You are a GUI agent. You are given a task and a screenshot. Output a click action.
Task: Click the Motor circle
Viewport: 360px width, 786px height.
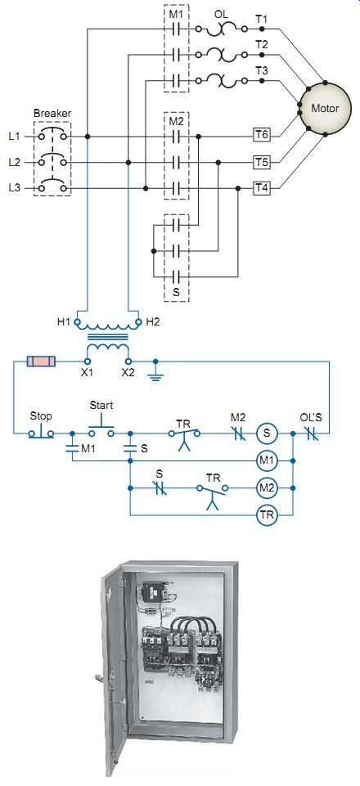(325, 108)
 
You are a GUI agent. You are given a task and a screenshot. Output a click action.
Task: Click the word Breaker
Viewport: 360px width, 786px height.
(52, 114)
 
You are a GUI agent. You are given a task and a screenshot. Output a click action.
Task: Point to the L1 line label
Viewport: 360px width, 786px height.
(15, 136)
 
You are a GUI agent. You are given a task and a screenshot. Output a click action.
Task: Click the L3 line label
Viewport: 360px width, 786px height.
(15, 188)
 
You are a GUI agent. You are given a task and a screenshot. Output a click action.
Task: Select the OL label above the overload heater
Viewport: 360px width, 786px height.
(221, 15)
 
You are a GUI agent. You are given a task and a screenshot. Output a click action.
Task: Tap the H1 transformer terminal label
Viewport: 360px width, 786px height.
(63, 322)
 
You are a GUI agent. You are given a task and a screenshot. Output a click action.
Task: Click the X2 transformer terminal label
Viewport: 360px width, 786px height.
(128, 372)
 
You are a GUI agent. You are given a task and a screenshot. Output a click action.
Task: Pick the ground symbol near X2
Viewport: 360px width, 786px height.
(156, 372)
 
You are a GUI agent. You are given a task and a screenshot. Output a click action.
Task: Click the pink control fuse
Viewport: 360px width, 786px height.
(41, 362)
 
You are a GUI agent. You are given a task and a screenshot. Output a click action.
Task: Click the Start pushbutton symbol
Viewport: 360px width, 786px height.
(101, 425)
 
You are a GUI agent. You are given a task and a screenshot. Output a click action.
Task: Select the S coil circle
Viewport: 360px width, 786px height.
(267, 433)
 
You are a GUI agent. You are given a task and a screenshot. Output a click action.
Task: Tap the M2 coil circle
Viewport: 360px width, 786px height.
(267, 487)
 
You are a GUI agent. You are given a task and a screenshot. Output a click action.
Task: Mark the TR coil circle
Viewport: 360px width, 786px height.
(267, 514)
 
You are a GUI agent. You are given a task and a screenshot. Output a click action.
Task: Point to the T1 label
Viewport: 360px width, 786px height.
(261, 20)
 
